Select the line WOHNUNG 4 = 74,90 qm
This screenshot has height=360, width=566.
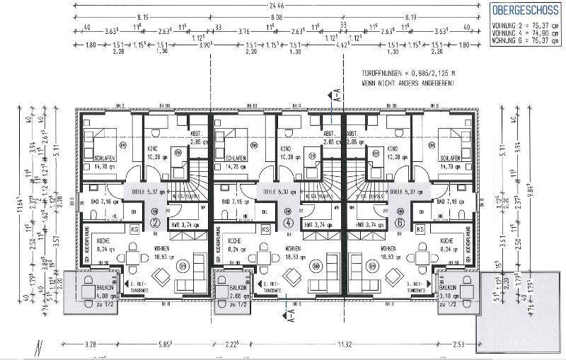pyautogui.click(x=524, y=32)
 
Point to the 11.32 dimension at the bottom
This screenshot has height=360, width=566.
pyautogui.click(x=345, y=344)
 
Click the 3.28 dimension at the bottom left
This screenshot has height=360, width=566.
pyautogui.click(x=90, y=344)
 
